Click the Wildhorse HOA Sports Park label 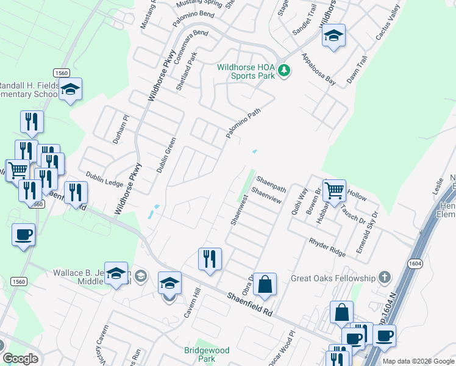pyautogui.click(x=246, y=71)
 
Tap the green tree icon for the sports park pyautogui.click(x=283, y=71)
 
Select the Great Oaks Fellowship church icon pyautogui.click(x=384, y=278)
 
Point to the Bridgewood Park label pyautogui.click(x=207, y=354)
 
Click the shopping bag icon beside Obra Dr pyautogui.click(x=265, y=284)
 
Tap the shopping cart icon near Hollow pyautogui.click(x=334, y=191)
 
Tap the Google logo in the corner pyautogui.click(x=21, y=359)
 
